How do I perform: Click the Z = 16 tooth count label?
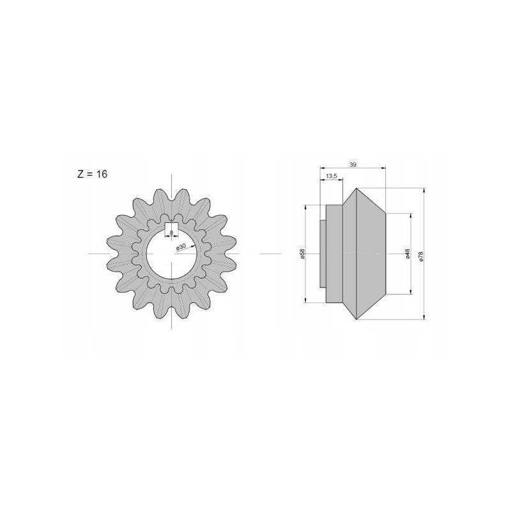pos(92,174)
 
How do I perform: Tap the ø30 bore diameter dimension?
pos(181,247)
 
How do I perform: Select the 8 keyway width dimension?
pos(171,233)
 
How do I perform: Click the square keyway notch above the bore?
pos(171,228)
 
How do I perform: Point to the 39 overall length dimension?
pos(353,165)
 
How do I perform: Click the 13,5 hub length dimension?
pos(331,176)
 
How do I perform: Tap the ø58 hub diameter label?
pos(302,254)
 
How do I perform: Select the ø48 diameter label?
pos(408,254)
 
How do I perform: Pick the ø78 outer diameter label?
pos(420,257)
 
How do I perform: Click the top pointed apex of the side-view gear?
pos(356,188)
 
